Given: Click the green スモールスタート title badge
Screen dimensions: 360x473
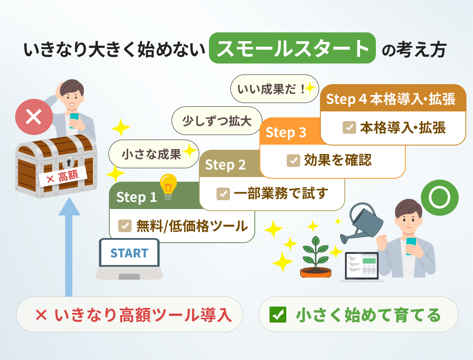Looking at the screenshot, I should tap(293, 48).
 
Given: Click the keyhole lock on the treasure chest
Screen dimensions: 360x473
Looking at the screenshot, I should tap(69, 161).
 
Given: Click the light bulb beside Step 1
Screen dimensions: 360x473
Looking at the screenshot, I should tap(169, 186).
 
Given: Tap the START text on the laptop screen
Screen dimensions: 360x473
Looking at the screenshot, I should tap(129, 253).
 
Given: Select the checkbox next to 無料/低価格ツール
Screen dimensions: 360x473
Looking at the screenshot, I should tap(125, 226).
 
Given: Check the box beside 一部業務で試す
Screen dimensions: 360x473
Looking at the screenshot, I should tap(223, 193).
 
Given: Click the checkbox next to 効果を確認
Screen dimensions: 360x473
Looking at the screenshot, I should tap(293, 160).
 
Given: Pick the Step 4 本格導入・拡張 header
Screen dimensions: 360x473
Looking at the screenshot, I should tap(393, 99).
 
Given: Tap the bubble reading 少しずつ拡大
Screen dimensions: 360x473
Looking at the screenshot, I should tap(217, 121).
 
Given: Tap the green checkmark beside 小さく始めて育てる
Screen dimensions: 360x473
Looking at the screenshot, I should tap(278, 315).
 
